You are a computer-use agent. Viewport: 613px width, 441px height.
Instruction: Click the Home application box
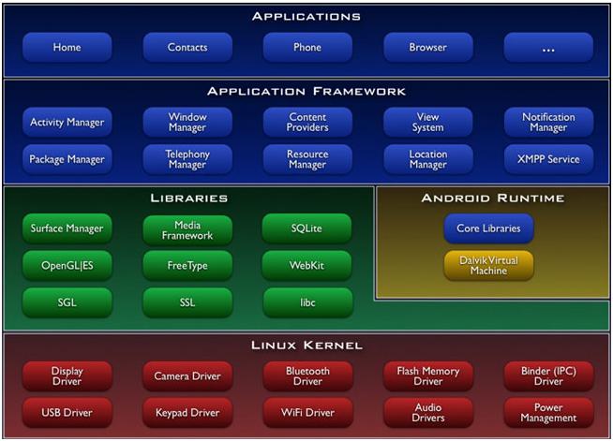coord(67,47)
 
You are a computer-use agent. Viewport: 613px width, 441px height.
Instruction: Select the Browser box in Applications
coord(428,47)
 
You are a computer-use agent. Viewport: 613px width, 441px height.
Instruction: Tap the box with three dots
coord(548,47)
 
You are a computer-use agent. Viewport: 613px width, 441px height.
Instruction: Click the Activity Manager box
coord(67,123)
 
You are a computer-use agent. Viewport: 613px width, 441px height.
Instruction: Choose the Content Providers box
coord(307,123)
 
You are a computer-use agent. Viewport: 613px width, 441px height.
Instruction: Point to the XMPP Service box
coord(548,159)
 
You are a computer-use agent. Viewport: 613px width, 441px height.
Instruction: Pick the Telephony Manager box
coord(187,159)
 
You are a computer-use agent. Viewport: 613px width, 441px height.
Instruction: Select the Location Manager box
coord(428,159)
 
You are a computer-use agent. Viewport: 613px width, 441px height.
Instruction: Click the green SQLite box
coord(306,228)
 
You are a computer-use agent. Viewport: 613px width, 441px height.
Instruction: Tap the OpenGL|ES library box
coord(67,266)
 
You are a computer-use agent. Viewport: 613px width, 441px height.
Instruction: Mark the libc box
coord(307,302)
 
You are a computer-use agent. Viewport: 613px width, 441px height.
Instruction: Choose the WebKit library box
coord(306,266)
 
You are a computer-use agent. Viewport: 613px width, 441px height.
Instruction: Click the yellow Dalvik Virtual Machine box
coord(488,266)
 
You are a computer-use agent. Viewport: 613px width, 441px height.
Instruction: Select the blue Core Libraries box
coord(488,228)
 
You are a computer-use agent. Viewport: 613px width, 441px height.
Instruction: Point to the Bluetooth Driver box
coord(307,376)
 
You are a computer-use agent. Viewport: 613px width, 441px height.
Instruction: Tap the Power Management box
coord(548,413)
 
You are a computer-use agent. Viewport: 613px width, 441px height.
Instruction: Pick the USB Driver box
coord(67,413)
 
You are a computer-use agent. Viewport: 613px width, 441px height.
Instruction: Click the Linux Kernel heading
coord(306,345)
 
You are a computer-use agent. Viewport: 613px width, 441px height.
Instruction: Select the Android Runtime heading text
coord(493,198)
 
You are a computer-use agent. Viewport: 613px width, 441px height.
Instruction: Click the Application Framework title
coord(306,92)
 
